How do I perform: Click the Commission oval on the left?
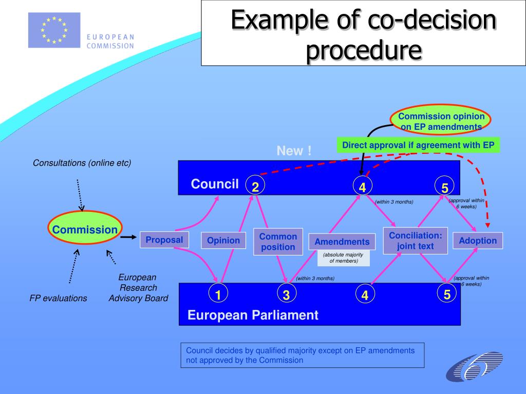pyautogui.click(x=84, y=229)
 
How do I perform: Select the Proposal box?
pyautogui.click(x=164, y=240)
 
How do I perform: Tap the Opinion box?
pyautogui.click(x=223, y=240)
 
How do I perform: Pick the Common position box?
pyautogui.click(x=278, y=242)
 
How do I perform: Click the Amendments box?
pyautogui.click(x=342, y=242)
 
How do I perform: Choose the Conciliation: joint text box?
pyautogui.click(x=415, y=241)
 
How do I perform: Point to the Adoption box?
pyautogui.click(x=478, y=241)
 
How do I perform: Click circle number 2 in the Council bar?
pyautogui.click(x=255, y=187)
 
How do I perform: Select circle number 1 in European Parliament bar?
pyautogui.click(x=218, y=294)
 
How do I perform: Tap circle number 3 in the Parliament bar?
pyautogui.click(x=286, y=294)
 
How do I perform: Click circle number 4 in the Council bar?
pyautogui.click(x=362, y=187)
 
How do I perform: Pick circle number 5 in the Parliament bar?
pyautogui.click(x=447, y=294)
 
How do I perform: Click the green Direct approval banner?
pyautogui.click(x=418, y=145)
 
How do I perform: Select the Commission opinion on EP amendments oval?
pyautogui.click(x=441, y=121)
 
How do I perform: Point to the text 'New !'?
pyautogui.click(x=294, y=151)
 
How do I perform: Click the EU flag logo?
pyautogui.click(x=54, y=30)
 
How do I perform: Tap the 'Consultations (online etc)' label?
pyautogui.click(x=82, y=163)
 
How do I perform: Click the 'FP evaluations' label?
pyautogui.click(x=58, y=298)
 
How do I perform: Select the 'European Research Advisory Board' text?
pyautogui.click(x=138, y=288)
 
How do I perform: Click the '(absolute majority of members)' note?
pyautogui.click(x=343, y=258)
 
